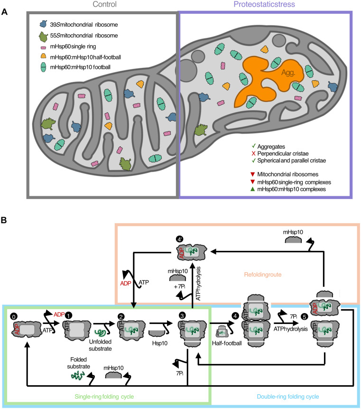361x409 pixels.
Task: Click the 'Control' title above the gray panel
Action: (x=105, y=4)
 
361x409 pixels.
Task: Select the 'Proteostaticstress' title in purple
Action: (x=264, y=4)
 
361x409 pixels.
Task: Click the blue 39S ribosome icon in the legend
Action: (x=43, y=24)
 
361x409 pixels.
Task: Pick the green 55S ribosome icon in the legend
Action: (x=43, y=37)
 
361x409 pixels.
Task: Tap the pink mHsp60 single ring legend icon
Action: (x=43, y=48)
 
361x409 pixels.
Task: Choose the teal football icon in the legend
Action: (x=43, y=67)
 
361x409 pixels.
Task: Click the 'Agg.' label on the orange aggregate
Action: (x=288, y=73)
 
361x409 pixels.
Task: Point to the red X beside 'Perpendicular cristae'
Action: (x=253, y=153)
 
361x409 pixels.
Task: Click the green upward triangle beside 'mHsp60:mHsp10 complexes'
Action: (x=252, y=189)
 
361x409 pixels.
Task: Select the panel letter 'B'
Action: (x=4, y=220)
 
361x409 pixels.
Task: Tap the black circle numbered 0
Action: (x=14, y=316)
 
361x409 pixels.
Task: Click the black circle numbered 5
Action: (x=304, y=317)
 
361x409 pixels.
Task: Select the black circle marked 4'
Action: (x=180, y=239)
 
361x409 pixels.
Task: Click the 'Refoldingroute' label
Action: (x=263, y=275)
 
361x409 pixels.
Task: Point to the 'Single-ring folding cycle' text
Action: (x=104, y=397)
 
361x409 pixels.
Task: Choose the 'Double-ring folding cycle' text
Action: (x=288, y=397)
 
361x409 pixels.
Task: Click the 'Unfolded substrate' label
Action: (x=100, y=345)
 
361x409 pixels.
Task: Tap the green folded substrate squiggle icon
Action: (x=78, y=376)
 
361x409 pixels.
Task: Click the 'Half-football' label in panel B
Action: (x=227, y=343)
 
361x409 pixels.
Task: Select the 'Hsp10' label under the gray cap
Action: (x=160, y=343)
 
